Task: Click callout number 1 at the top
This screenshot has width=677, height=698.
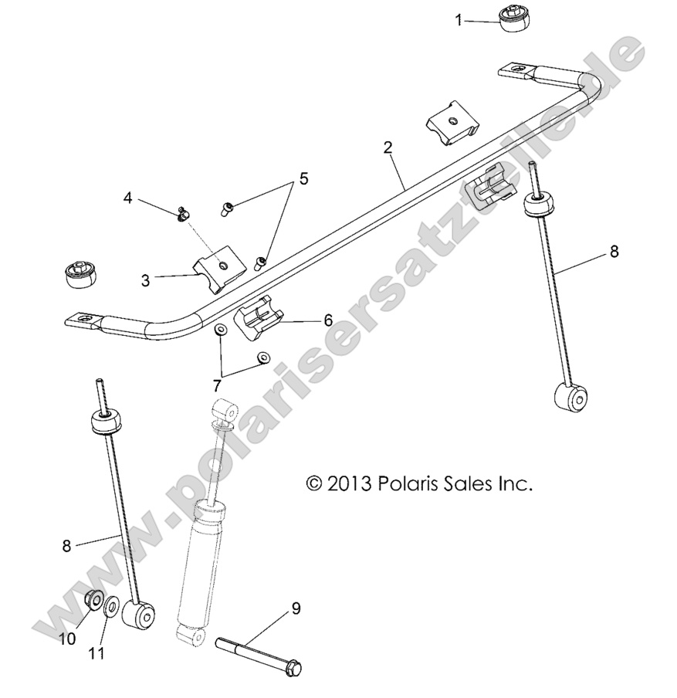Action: pos(459,20)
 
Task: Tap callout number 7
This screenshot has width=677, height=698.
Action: pos(218,382)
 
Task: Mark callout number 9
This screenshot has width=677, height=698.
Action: pos(295,609)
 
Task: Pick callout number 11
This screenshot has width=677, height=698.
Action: pos(96,653)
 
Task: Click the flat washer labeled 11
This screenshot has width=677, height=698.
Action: pos(111,608)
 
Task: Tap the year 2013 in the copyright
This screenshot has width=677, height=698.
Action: pos(350,484)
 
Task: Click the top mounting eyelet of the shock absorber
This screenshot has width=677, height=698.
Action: pos(225,409)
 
